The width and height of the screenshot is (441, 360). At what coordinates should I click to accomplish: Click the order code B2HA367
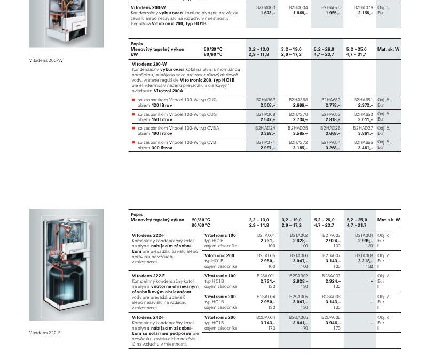265,100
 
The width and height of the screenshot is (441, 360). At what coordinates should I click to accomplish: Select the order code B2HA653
363,114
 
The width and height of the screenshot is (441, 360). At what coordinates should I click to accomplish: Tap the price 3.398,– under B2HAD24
267,133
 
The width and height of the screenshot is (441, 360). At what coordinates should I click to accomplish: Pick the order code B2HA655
363,142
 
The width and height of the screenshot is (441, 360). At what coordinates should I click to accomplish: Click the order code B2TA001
266,235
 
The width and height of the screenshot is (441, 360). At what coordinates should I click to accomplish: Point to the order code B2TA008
364,255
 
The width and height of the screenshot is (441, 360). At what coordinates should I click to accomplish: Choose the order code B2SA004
266,297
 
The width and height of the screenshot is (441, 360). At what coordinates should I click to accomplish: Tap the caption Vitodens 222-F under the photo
45,333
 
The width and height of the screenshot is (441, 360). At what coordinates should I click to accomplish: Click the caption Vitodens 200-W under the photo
46,60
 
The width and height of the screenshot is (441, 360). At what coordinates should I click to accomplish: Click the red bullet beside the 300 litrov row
133,143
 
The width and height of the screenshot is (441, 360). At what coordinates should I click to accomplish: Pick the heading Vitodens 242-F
148,317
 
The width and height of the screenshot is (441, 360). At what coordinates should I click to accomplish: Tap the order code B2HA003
265,7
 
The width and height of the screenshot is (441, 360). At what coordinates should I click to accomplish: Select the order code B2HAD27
363,128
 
